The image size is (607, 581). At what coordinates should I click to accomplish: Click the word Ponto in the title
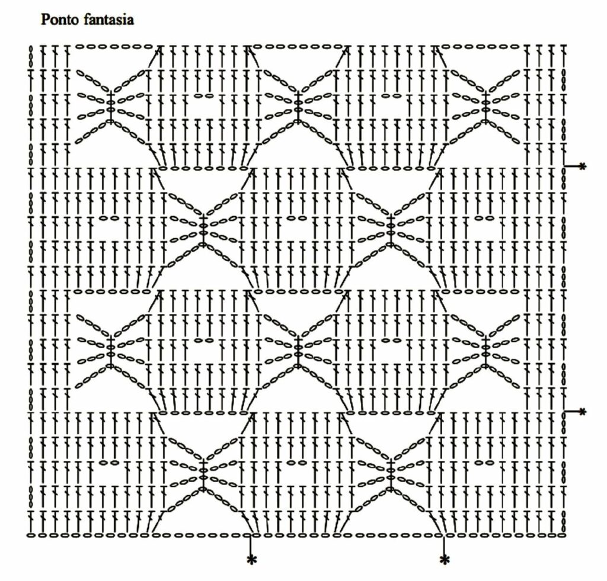pos(60,20)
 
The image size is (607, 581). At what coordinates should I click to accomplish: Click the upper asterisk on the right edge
pos(583,166)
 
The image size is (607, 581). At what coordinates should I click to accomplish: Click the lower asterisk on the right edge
pos(583,411)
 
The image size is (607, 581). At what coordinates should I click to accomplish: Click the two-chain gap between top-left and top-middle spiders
pos(204,95)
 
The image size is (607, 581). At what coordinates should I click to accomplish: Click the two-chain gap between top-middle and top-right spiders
pos(391,95)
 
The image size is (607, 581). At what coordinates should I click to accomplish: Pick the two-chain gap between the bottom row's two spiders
pos(298,462)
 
